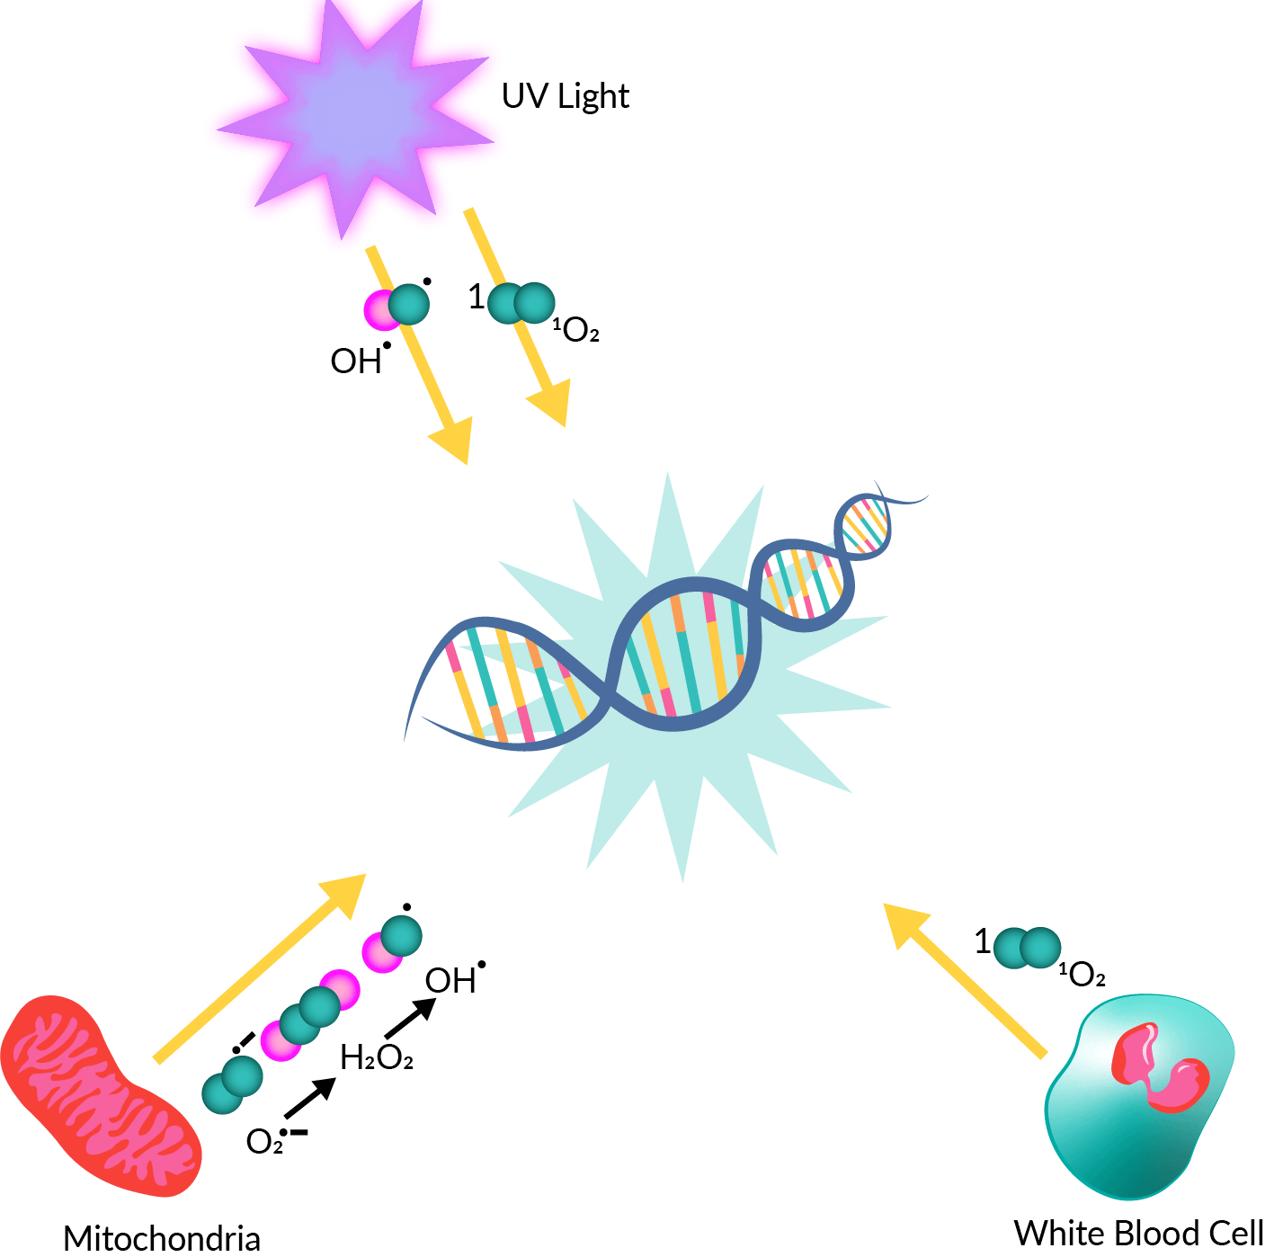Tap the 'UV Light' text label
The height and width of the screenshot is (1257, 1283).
(x=565, y=96)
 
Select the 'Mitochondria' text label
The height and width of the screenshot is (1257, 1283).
(x=162, y=1238)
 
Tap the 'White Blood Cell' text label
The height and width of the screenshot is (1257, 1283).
(x=1138, y=1233)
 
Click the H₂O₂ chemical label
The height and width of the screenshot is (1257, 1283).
(x=377, y=1058)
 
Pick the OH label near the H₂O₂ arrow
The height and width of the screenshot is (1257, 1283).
(x=452, y=980)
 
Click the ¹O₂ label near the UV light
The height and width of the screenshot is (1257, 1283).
(x=576, y=331)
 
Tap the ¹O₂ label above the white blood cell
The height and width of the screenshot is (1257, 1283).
(x=1083, y=974)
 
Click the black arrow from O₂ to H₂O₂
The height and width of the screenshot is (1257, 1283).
(x=309, y=1098)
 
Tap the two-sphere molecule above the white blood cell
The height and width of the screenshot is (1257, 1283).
(x=1028, y=948)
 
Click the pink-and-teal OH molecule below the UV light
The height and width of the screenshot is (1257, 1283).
(x=396, y=307)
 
